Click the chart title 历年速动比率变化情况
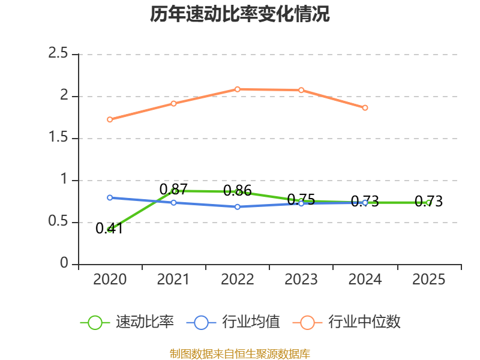239,14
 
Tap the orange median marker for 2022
238,89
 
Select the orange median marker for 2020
110,119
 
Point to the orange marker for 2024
365,108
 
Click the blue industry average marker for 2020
110,198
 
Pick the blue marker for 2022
238,207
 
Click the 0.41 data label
109,229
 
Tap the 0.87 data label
173,190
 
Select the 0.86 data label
237,191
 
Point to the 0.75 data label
301,200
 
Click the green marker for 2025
429,203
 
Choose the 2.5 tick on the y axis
58,53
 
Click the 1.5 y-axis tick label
58,137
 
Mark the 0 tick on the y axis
64,263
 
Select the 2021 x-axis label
173,280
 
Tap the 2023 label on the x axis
301,280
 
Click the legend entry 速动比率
127,322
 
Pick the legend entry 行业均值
233,322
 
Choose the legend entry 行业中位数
347,322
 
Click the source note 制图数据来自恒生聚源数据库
240,354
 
